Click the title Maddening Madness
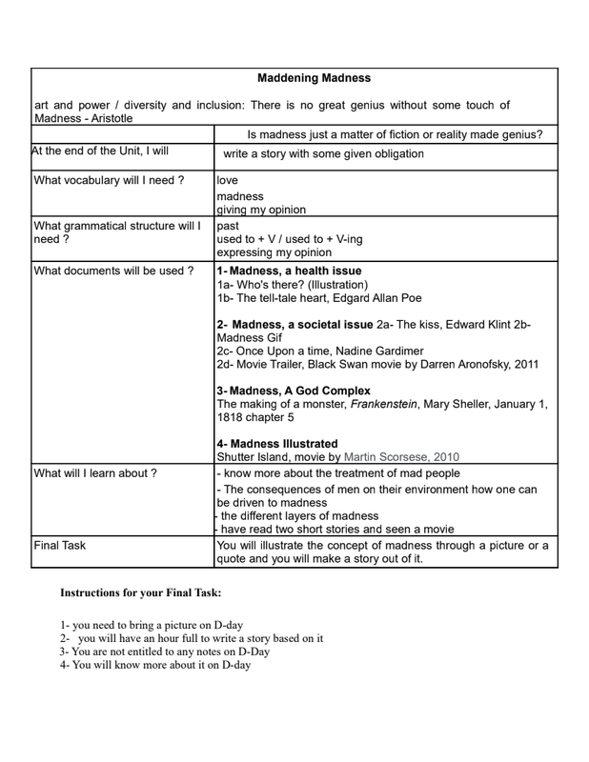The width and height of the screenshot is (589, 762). click(x=314, y=77)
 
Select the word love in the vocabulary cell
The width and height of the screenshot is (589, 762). click(x=228, y=180)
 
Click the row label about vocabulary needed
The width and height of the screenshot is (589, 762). click(x=109, y=180)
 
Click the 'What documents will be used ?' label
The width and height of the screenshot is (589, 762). click(x=113, y=271)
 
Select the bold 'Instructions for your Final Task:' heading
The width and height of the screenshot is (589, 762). click(x=141, y=592)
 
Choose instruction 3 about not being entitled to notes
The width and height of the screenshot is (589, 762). click(x=165, y=652)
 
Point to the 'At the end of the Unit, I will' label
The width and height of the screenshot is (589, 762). click(x=100, y=150)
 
